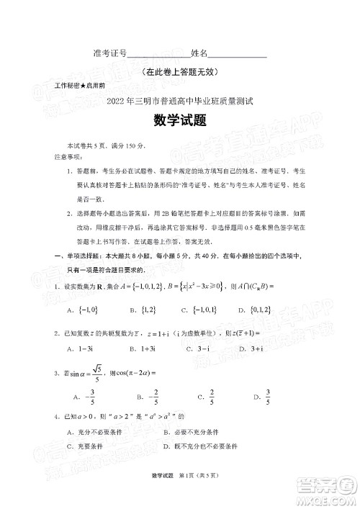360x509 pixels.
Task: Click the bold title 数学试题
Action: click(x=180, y=120)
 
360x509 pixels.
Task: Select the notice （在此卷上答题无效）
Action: click(x=180, y=71)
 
